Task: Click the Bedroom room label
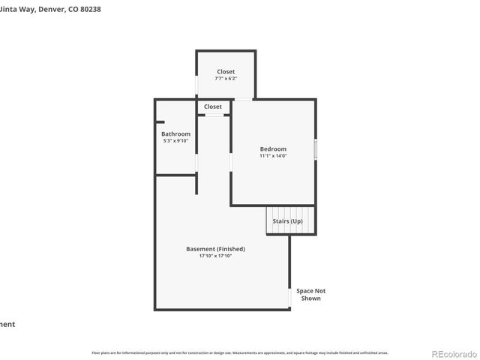coord(273,149)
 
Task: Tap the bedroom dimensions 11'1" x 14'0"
coord(273,157)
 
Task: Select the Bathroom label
coord(175,134)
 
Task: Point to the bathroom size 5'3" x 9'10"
coord(175,141)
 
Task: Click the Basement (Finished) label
coord(215,249)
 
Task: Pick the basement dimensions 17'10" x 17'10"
coord(215,256)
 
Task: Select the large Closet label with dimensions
coord(226,72)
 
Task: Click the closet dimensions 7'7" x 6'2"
coord(226,79)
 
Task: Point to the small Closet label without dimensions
coord(213,106)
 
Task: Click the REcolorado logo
coord(453,353)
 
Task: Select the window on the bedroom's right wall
coord(316,149)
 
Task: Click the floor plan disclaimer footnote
coord(240,352)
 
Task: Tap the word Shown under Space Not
coord(310,298)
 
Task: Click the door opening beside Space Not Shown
coord(289,296)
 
